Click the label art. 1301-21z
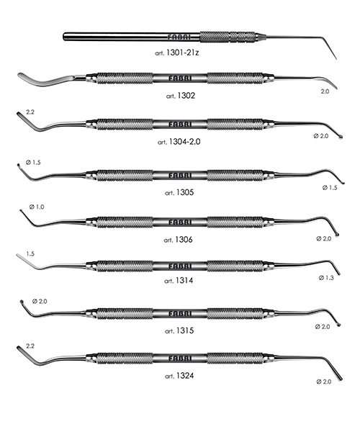(x=177, y=53)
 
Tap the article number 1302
(x=186, y=96)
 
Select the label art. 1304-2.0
(x=179, y=142)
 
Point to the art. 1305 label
(x=179, y=192)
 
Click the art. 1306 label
(x=179, y=240)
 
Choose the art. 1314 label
(x=179, y=281)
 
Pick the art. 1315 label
(x=179, y=330)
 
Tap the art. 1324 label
(x=179, y=376)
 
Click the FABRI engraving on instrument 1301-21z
(x=179, y=37)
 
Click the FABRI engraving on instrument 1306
(x=179, y=222)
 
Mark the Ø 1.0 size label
(x=37, y=207)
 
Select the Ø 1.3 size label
(x=326, y=278)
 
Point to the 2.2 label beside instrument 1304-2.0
(x=30, y=112)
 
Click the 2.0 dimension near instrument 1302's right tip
(x=325, y=91)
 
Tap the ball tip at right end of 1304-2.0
(x=341, y=137)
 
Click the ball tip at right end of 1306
(x=337, y=235)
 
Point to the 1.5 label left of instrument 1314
(x=30, y=253)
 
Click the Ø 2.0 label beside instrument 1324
(x=324, y=382)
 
